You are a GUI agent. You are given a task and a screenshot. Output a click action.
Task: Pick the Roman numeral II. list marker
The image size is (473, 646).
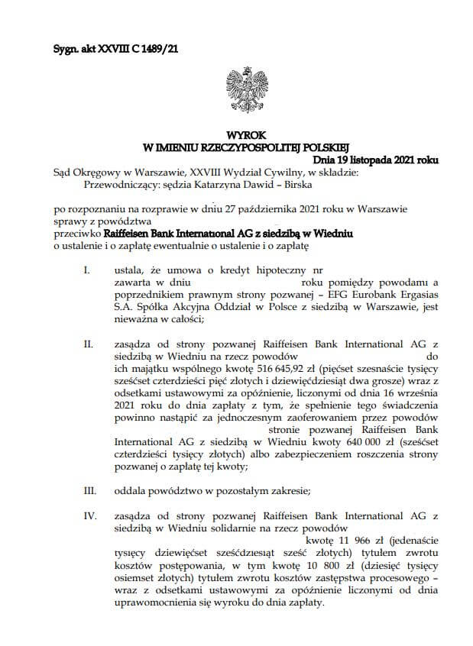88,344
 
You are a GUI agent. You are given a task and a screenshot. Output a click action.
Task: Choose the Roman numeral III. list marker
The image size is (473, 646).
89,493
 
